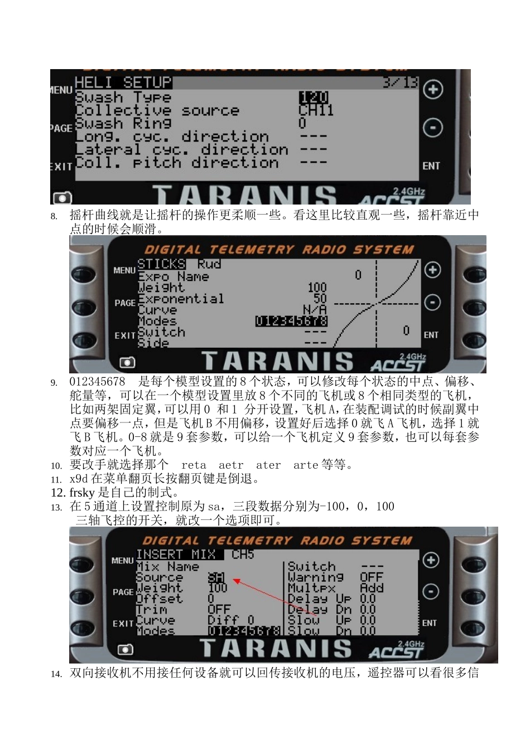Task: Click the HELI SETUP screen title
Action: pyautogui.click(x=123, y=82)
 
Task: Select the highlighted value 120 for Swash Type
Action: pyautogui.click(x=314, y=98)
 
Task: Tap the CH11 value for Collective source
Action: pyautogui.click(x=316, y=110)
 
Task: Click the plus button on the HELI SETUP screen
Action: pyautogui.click(x=433, y=90)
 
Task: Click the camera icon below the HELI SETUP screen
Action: pyautogui.click(x=62, y=198)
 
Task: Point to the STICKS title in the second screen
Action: pyautogui.click(x=161, y=264)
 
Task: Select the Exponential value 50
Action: pyautogui.click(x=320, y=299)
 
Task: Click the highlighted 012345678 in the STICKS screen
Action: pyautogui.click(x=291, y=321)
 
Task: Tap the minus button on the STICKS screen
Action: pyautogui.click(x=432, y=303)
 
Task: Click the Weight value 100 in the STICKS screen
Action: pyautogui.click(x=317, y=288)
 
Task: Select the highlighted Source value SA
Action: pyautogui.click(x=216, y=577)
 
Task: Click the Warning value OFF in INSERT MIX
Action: pyautogui.click(x=371, y=577)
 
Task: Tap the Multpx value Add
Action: pyautogui.click(x=372, y=588)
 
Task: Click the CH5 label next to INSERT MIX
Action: pyautogui.click(x=243, y=555)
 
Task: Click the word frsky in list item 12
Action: pyautogui.click(x=82, y=493)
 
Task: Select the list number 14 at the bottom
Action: pyautogui.click(x=56, y=674)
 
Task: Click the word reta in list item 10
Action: pyautogui.click(x=194, y=465)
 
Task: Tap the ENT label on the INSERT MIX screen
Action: pyautogui.click(x=429, y=623)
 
